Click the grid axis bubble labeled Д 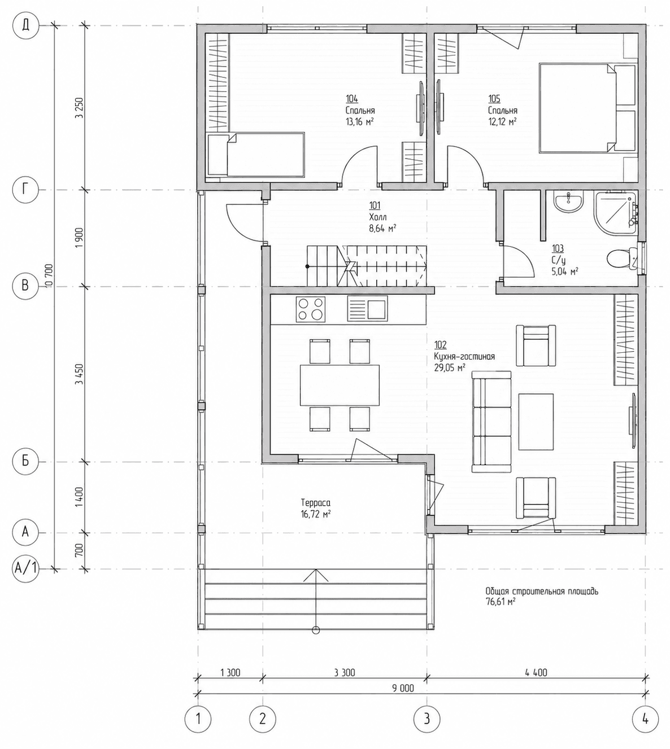coord(25,25)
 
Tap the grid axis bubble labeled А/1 coord(25,569)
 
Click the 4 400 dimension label coord(536,672)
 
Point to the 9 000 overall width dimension coord(403,688)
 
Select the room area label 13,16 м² coord(359,121)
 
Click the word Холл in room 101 coord(377,217)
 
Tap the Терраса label coord(315,503)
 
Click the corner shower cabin coord(616,213)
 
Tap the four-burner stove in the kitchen coord(311,309)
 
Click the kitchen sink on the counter coord(367,308)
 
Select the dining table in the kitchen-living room coord(340,385)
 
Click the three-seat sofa coord(491,422)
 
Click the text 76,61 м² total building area coord(501,602)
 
